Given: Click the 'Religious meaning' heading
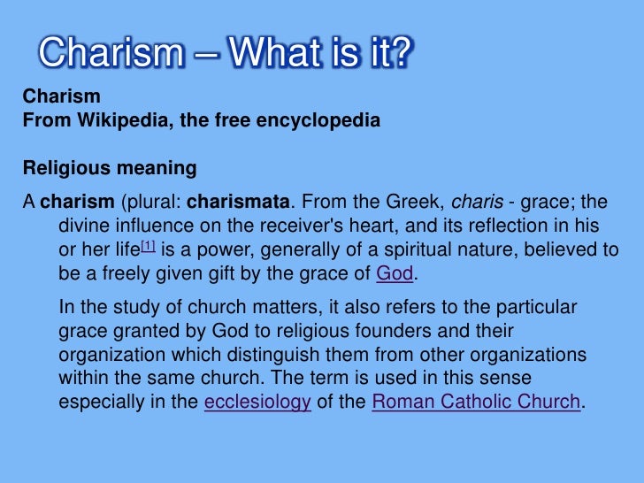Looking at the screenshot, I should (110, 168).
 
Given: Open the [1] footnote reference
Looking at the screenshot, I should (148, 247).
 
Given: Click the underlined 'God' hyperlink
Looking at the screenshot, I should (395, 274).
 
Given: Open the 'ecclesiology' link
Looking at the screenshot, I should (257, 402).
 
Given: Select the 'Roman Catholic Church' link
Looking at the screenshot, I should (476, 402).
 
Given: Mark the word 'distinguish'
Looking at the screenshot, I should (286, 355).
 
